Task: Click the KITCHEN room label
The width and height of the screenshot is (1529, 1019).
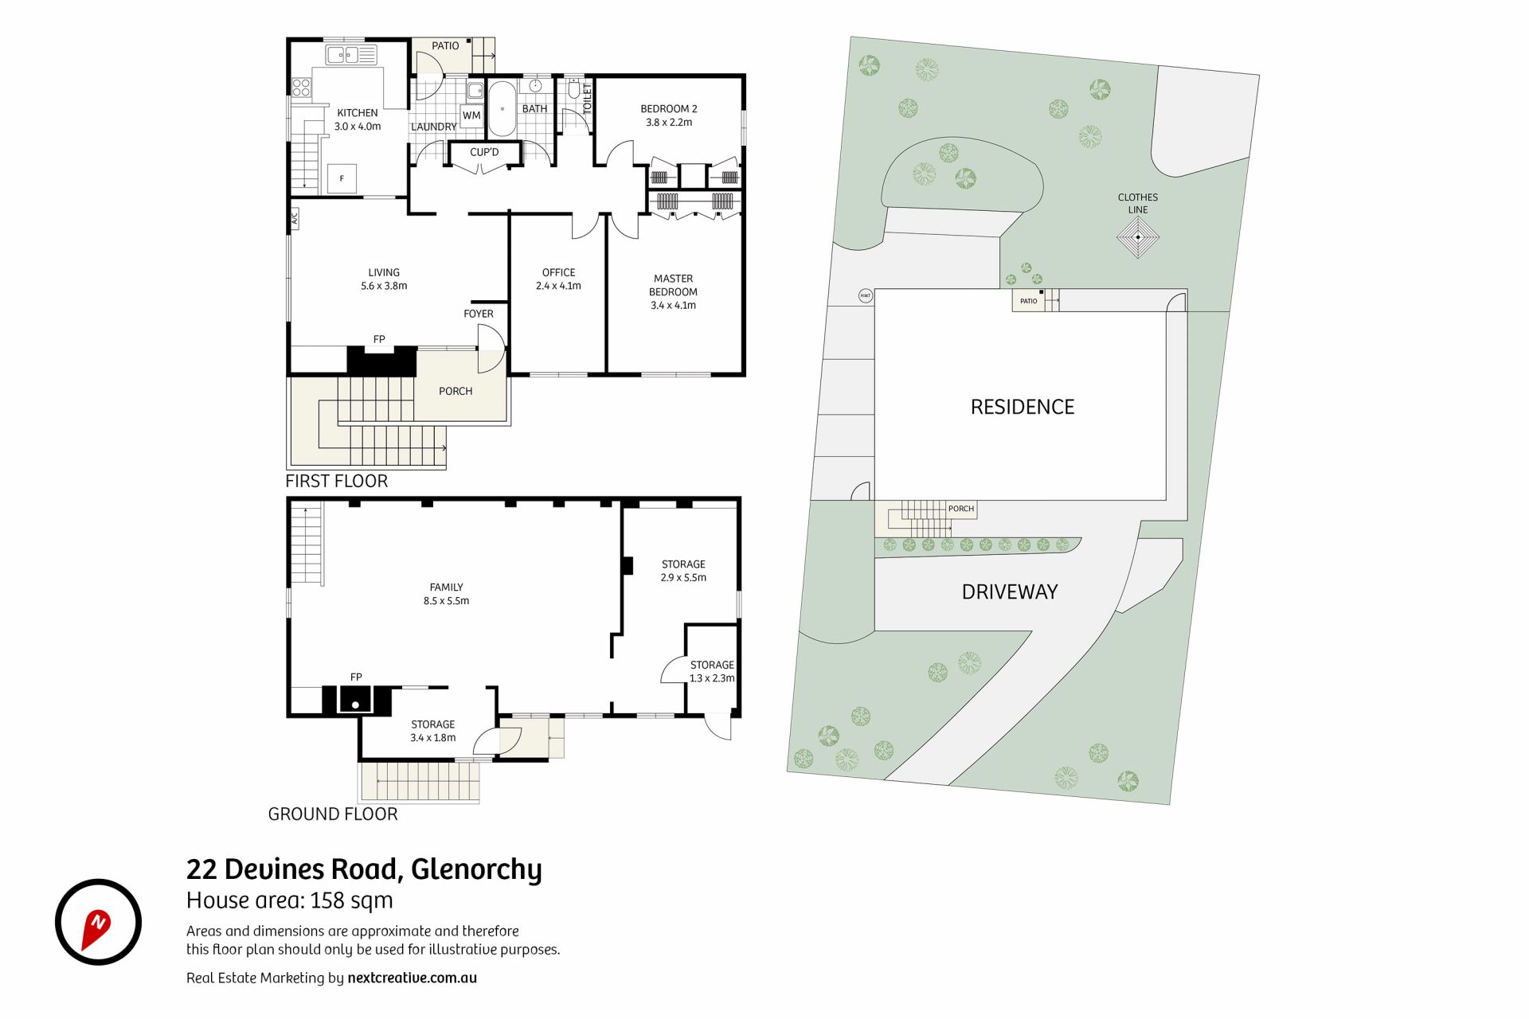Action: pyautogui.click(x=358, y=113)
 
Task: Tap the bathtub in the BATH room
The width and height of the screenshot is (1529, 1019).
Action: pyautogui.click(x=502, y=108)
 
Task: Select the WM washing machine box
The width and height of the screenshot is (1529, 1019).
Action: pyautogui.click(x=471, y=115)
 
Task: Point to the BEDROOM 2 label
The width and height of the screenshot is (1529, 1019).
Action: pyautogui.click(x=669, y=109)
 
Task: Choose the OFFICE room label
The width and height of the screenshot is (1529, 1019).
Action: pyautogui.click(x=558, y=272)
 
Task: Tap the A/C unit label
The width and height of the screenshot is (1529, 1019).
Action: pyautogui.click(x=294, y=218)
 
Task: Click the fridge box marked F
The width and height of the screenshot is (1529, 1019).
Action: pyautogui.click(x=342, y=178)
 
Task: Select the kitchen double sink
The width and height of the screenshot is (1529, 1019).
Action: pyautogui.click(x=351, y=55)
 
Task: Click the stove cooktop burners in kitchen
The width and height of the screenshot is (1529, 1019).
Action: pyautogui.click(x=301, y=88)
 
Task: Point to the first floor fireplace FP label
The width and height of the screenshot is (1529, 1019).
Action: pyautogui.click(x=379, y=339)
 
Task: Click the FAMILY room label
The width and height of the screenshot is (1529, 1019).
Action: pyautogui.click(x=446, y=588)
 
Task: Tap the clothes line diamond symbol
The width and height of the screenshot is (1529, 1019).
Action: pyautogui.click(x=1138, y=237)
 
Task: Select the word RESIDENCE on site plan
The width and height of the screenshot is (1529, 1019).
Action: pyautogui.click(x=1023, y=407)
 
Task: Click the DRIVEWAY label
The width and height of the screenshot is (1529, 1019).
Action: pyautogui.click(x=1010, y=591)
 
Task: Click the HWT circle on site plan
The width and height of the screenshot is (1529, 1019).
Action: pyautogui.click(x=866, y=296)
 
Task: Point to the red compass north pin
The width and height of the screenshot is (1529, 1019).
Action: pyautogui.click(x=96, y=928)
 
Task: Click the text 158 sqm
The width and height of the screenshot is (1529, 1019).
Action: pyautogui.click(x=351, y=900)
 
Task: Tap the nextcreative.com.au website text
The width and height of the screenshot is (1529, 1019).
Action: pyautogui.click(x=412, y=978)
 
